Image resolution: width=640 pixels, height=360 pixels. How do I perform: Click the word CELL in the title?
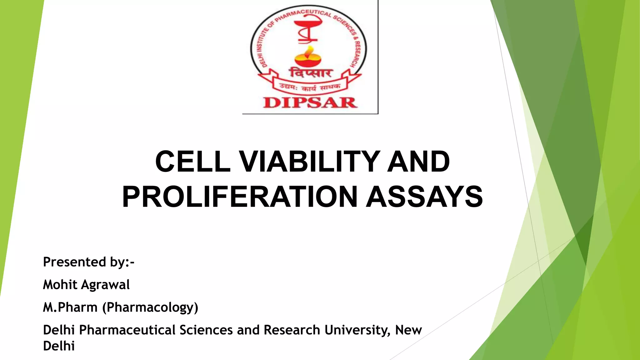[x=192, y=162]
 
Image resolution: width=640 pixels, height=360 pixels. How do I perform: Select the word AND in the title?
[x=418, y=162]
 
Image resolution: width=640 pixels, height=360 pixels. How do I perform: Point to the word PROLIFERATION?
[x=240, y=197]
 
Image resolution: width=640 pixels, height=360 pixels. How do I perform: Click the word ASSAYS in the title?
[x=424, y=197]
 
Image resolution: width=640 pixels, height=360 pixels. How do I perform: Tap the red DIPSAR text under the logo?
[x=310, y=102]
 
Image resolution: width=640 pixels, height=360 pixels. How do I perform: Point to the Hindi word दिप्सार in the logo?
[x=310, y=73]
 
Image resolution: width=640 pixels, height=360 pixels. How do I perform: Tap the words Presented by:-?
[x=88, y=262]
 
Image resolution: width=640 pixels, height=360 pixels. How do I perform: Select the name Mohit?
[x=60, y=285]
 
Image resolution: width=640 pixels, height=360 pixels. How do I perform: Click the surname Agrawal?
[x=105, y=285]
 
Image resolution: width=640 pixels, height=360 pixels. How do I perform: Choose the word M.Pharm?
[x=70, y=307]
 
